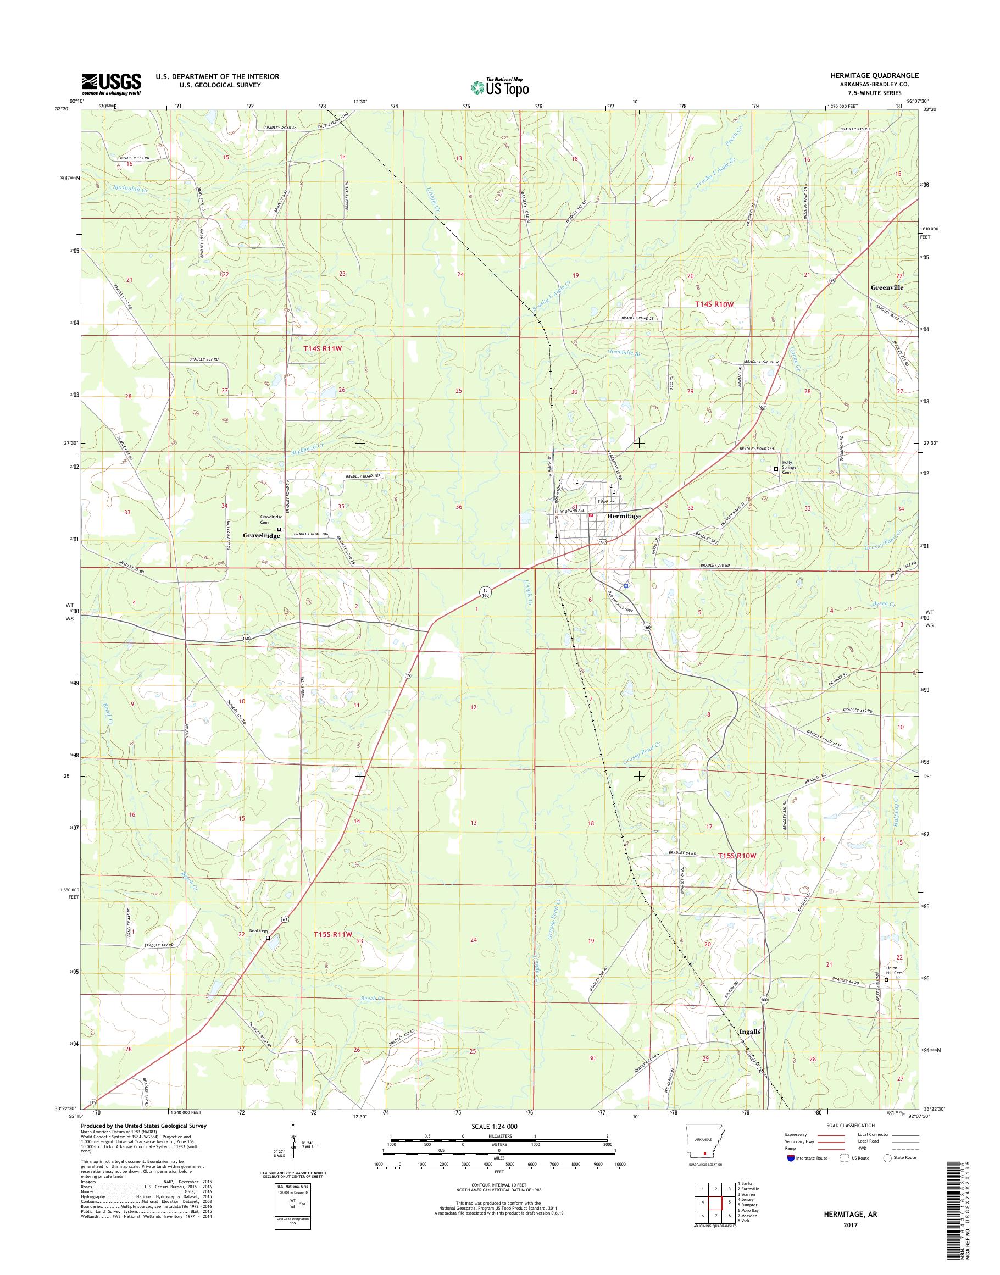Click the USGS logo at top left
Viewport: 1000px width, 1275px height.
111,84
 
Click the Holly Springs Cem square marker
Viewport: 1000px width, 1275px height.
776,469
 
